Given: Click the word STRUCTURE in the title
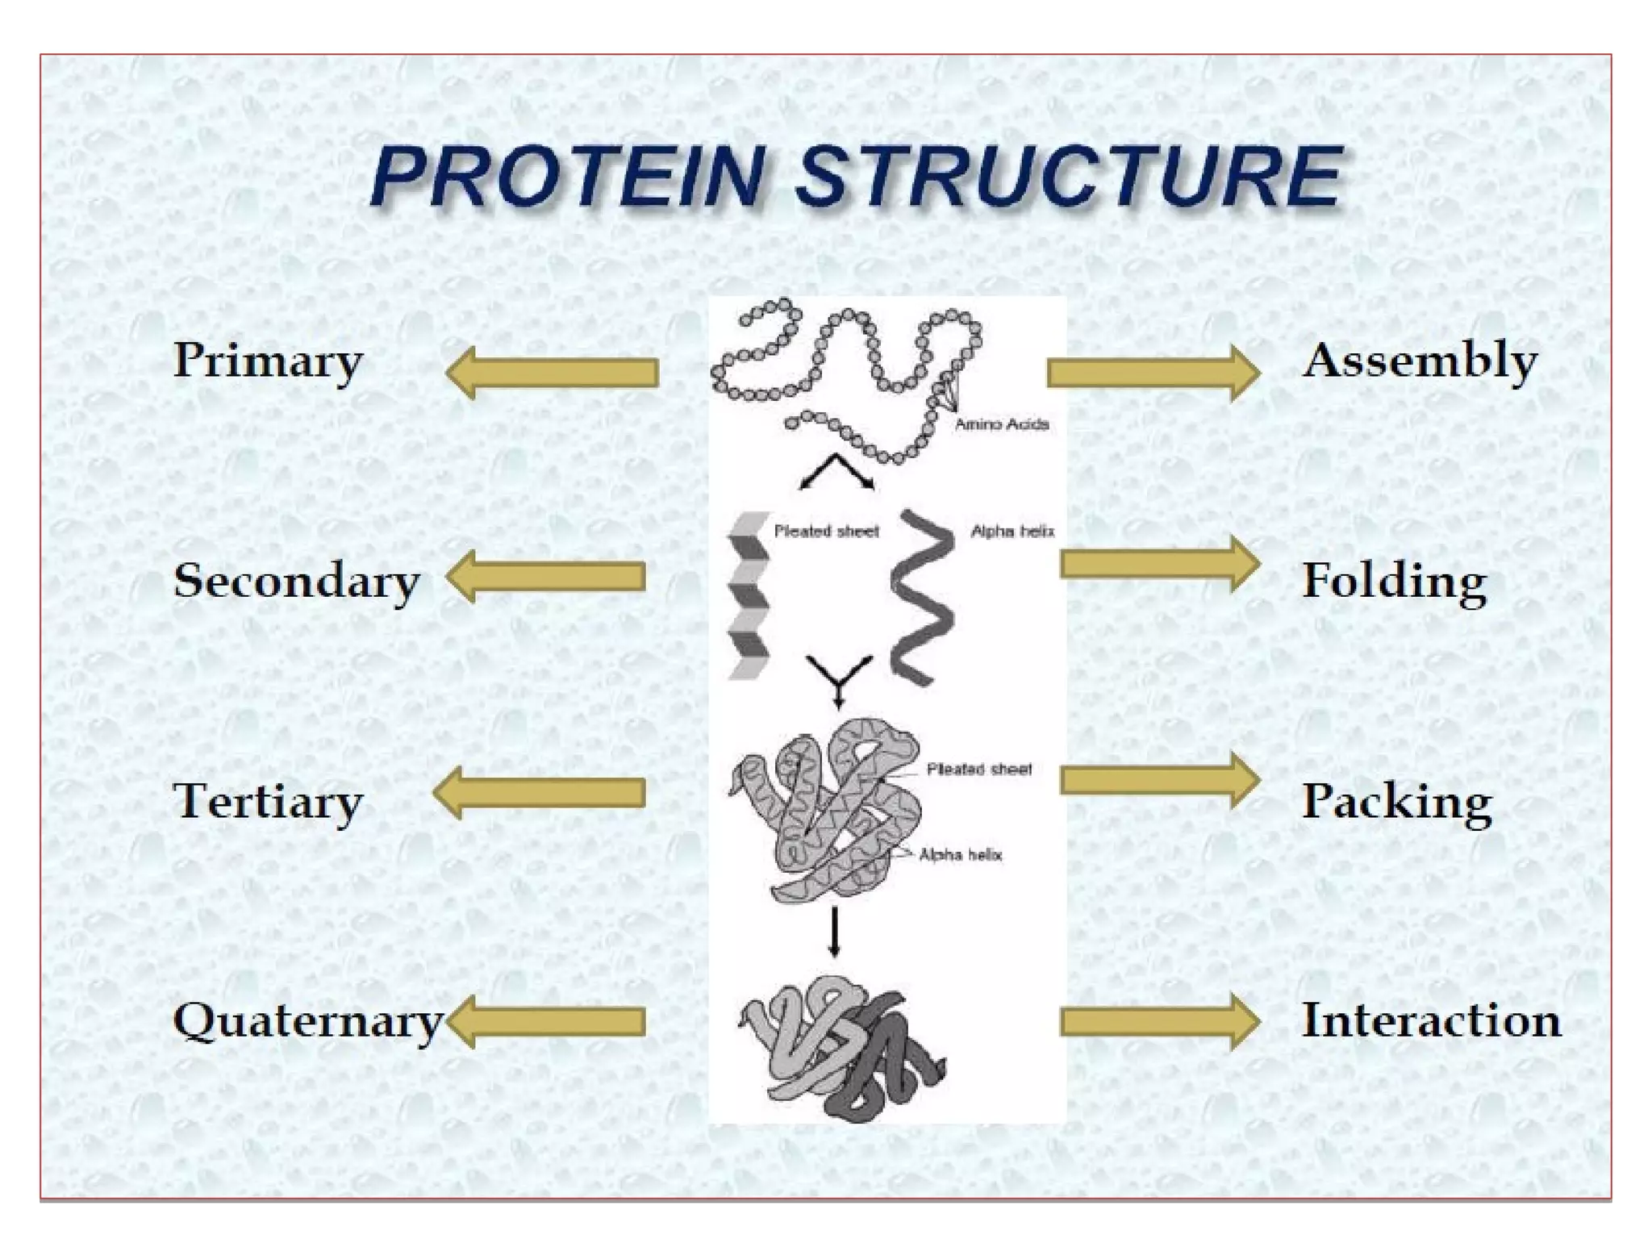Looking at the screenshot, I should [1070, 177].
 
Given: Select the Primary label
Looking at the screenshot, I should [268, 361].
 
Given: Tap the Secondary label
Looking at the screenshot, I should [296, 581].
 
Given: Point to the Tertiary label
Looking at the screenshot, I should [268, 802].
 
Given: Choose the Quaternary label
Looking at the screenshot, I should [307, 1022].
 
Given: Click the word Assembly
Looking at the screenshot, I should [1420, 361].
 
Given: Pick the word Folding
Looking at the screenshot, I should [1394, 581].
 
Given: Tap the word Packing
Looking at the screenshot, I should [1397, 802].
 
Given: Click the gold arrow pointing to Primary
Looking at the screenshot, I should [553, 373].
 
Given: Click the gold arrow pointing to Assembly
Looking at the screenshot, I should [1153, 373].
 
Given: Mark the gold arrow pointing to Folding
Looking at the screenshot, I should [1159, 564].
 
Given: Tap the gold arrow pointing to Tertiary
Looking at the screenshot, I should [540, 793].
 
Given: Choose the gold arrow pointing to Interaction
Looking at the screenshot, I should [1159, 1022].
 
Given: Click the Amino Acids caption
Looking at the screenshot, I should [1001, 424].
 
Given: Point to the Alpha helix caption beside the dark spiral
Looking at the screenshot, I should [1012, 531].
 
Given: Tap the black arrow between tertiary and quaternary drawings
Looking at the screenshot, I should [834, 932].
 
